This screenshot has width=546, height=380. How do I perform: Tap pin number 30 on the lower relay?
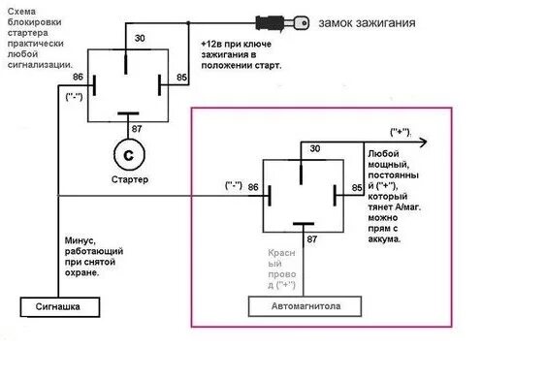click(x=313, y=149)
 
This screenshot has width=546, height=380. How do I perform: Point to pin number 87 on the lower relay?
click(x=312, y=237)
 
